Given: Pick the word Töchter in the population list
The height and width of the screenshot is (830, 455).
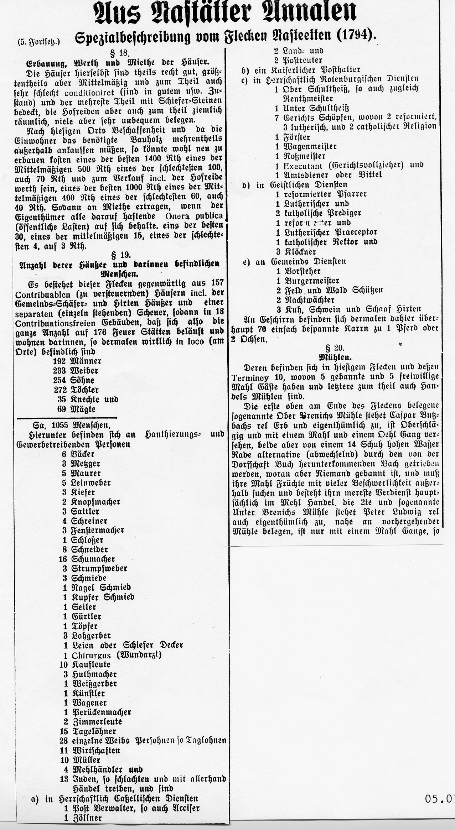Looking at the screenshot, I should (x=86, y=390).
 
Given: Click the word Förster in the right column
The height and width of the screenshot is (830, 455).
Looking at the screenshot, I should (x=296, y=137).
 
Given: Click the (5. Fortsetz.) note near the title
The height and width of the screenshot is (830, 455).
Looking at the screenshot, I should (x=39, y=42).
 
